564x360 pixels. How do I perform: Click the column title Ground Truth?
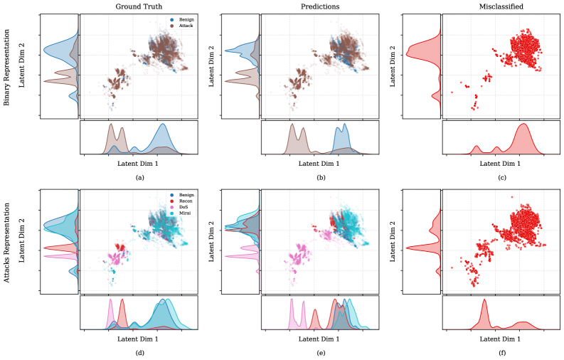click(139, 6)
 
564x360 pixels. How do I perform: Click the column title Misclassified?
click(501, 6)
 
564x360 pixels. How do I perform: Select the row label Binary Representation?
click(6, 66)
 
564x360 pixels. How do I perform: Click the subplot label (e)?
click(321, 352)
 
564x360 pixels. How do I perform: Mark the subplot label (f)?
click(502, 352)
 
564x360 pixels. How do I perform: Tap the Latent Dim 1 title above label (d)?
click(139, 339)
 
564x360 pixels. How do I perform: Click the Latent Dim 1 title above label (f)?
click(501, 339)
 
